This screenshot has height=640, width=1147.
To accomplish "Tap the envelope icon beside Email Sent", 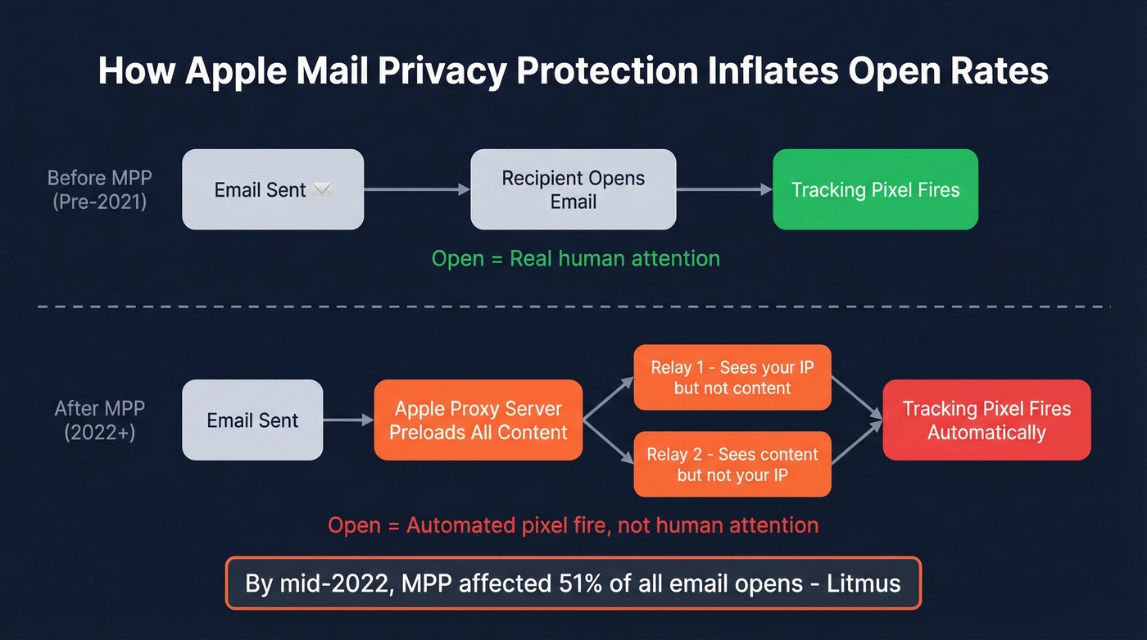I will click(322, 190).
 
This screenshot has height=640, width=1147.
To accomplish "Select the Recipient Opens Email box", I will click(573, 189).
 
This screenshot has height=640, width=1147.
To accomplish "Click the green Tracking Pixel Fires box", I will click(875, 189).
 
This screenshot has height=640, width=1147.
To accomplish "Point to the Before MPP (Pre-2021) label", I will click(99, 189).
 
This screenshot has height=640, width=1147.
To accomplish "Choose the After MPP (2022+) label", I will click(99, 420).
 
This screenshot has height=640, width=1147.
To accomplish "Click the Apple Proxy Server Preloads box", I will click(478, 420).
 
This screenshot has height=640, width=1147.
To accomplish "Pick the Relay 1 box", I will click(732, 378).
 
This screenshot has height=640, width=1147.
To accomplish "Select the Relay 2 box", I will click(732, 465).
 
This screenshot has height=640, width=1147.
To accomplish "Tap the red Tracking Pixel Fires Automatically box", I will click(986, 420).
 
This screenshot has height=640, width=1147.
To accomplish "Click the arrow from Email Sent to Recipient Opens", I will click(416, 189).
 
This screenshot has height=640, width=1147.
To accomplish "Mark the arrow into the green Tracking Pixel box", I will click(723, 189).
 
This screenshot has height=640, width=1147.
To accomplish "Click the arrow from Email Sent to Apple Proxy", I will click(348, 420).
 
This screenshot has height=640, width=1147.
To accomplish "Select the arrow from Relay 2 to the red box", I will click(857, 443).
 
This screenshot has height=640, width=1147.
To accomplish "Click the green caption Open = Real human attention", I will click(575, 259).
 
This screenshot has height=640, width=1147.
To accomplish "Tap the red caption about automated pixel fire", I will click(573, 525).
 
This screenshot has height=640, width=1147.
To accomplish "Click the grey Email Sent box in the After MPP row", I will click(252, 420).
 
